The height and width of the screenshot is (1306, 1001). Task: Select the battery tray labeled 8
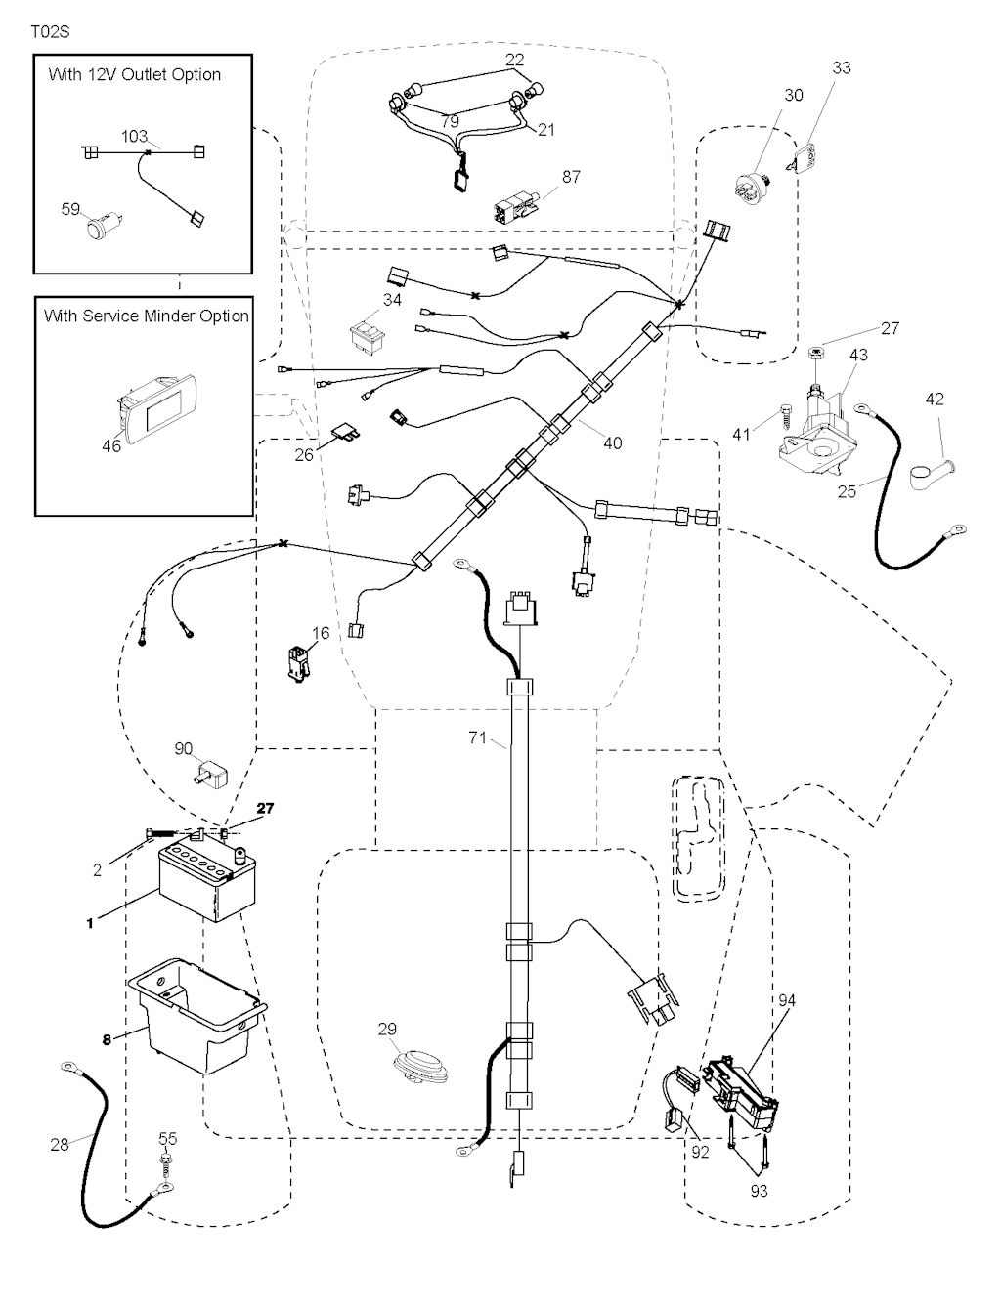pos(196,1016)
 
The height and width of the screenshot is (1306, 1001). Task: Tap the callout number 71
pos(477,738)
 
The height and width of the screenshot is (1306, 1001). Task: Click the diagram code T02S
pos(50,32)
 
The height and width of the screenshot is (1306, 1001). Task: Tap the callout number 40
pos(612,442)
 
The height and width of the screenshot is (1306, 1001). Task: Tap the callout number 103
pos(134,136)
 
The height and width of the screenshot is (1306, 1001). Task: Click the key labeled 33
pos(808,157)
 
